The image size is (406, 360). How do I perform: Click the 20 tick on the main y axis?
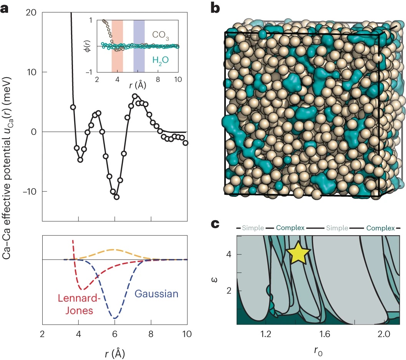[x=31, y=13]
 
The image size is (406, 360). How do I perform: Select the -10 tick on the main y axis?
[x=29, y=191]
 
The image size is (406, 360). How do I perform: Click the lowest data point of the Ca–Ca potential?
[x=116, y=197]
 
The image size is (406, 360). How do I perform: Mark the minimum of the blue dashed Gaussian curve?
[x=114, y=318]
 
